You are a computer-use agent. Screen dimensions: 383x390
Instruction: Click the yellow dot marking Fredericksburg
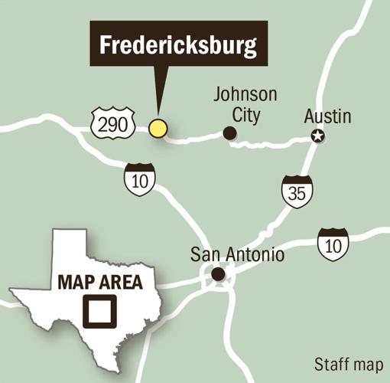[158, 128]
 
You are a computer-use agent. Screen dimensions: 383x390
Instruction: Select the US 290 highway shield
[113, 124]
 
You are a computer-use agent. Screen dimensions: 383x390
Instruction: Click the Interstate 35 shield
[297, 191]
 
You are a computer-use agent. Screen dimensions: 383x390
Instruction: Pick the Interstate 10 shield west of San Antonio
[139, 179]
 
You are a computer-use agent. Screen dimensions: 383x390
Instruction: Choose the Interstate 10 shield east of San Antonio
[333, 243]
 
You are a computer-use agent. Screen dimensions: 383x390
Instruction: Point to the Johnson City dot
[229, 133]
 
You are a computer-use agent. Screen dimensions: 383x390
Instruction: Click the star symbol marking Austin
[317, 136]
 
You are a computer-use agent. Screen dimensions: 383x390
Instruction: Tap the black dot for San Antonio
[218, 273]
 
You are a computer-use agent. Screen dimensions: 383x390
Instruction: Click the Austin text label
[327, 117]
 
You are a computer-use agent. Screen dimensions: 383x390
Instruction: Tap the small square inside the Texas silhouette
[99, 311]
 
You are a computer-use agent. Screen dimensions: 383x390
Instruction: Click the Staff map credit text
[349, 363]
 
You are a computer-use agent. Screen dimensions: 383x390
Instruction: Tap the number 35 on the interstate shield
[297, 193]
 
